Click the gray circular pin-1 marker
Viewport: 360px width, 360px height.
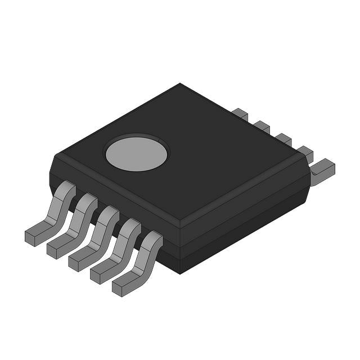[x=136, y=152]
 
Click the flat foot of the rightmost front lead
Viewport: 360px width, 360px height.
[x=127, y=286]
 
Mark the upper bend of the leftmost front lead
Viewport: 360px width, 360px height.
[x=66, y=188]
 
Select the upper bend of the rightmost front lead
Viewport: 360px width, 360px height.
[x=154, y=240]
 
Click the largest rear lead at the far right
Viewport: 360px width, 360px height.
[x=323, y=168]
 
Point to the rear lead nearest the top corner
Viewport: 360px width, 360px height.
[x=240, y=114]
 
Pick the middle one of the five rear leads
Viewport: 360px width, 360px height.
[x=283, y=138]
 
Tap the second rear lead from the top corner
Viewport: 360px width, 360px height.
[x=262, y=127]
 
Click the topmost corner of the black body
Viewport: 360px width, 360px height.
[x=180, y=84]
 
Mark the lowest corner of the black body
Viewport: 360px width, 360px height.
[x=179, y=273]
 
